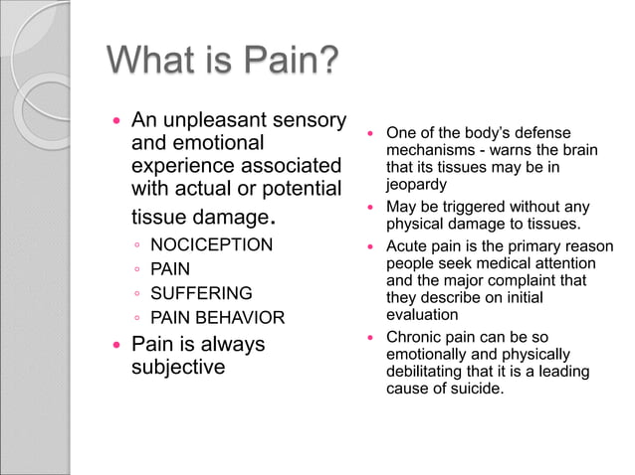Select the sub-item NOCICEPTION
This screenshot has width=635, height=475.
click(x=211, y=244)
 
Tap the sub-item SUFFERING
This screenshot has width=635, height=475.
click(x=201, y=293)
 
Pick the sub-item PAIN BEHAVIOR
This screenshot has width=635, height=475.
click(x=217, y=318)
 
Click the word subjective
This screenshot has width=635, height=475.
click(x=179, y=368)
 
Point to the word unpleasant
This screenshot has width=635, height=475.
click(x=230, y=120)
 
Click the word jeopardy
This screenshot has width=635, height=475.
click(x=417, y=184)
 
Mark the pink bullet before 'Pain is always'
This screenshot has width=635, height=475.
click(x=116, y=345)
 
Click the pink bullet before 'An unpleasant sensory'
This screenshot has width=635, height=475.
click(x=116, y=121)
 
